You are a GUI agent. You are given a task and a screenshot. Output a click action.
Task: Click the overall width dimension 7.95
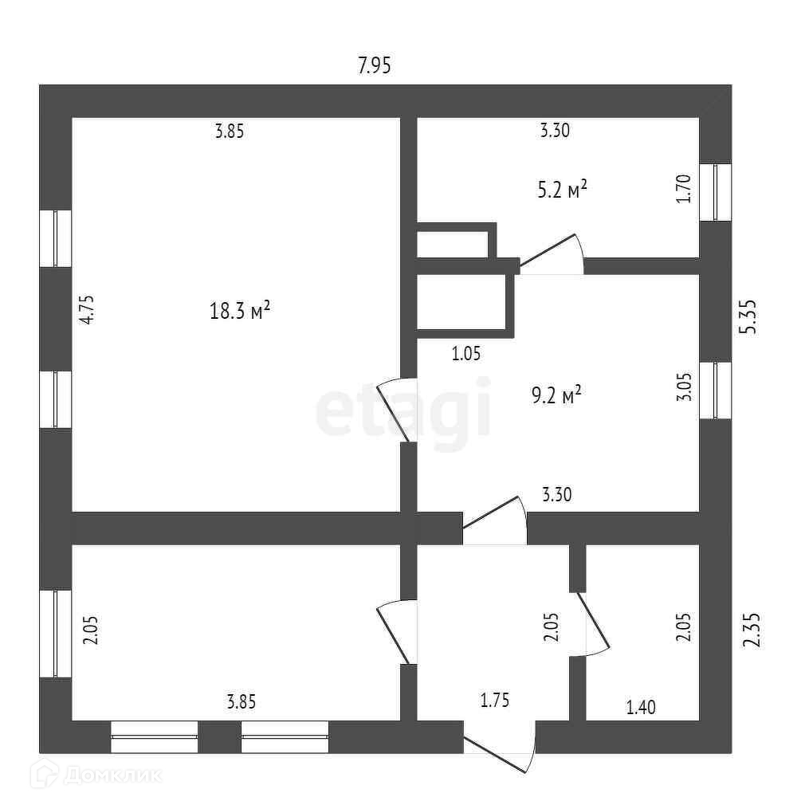point(374,66)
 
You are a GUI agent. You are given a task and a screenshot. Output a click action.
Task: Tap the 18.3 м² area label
point(240,310)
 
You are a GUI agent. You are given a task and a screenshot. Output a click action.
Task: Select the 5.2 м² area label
point(563,190)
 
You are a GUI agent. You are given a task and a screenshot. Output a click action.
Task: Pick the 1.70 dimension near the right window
point(683,190)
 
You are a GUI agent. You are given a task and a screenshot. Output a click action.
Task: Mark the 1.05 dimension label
point(465,354)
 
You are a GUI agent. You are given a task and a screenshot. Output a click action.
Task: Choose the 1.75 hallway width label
point(494,701)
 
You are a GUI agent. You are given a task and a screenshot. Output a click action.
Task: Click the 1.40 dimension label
point(641,707)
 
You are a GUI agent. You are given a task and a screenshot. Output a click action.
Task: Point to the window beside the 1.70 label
point(715,192)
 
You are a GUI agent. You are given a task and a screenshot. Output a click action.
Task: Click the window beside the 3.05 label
point(715,390)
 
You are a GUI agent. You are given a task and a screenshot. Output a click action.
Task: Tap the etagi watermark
point(403,411)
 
